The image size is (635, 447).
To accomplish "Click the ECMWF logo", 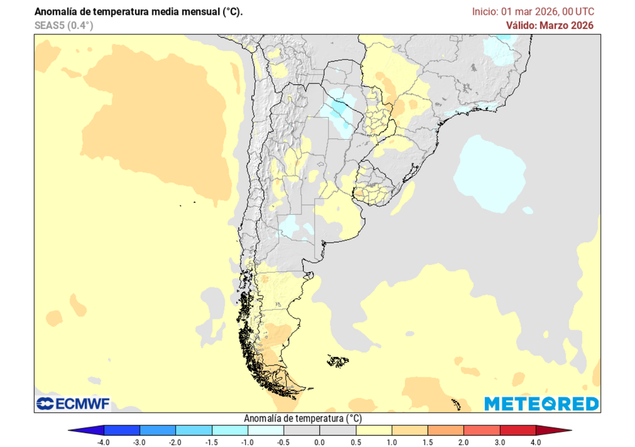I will coord(73,404).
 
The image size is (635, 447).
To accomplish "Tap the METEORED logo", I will coord(541,404).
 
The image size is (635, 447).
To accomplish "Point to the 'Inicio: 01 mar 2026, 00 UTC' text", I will coord(533,12).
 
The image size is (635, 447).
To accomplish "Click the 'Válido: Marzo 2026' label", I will coord(549,25).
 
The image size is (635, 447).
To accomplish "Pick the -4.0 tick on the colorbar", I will coord(104,441).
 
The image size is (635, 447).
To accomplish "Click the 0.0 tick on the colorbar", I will coord(320,441).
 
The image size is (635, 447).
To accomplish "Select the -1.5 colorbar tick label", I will coord(212,441).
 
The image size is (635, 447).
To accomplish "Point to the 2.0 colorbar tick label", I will coord(464,441).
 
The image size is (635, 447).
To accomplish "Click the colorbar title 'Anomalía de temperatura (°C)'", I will coord(303,418).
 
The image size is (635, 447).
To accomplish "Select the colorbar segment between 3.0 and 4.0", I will coord(518,430).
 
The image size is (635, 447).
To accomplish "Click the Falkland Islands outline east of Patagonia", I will coord(338,361).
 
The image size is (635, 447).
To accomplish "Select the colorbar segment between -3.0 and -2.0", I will coord(158,430).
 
